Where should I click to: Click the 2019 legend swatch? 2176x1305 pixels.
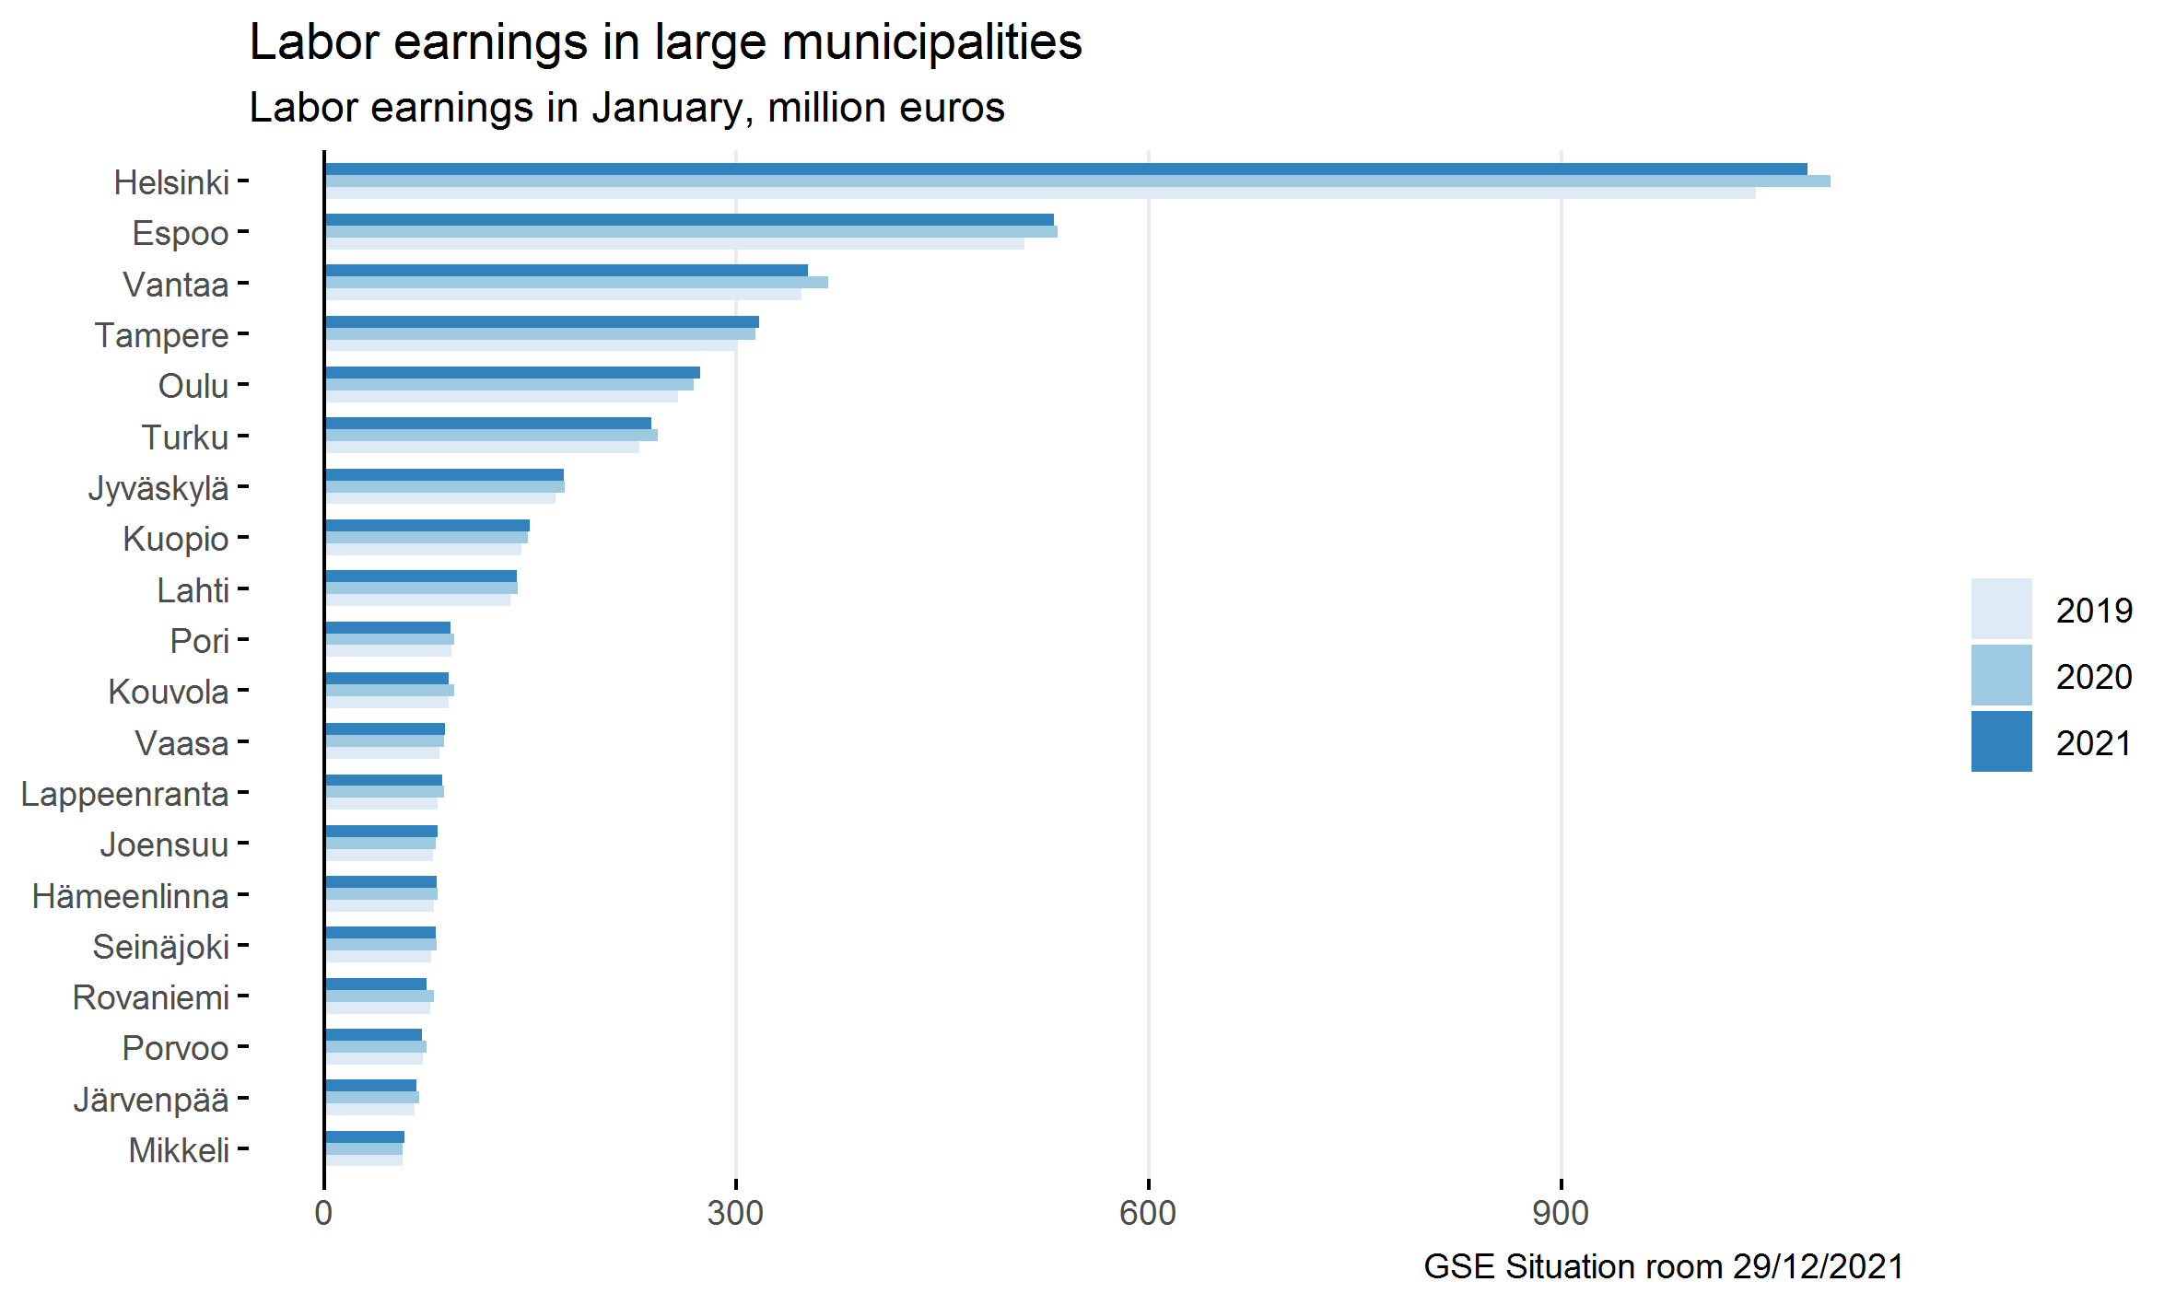click(2001, 609)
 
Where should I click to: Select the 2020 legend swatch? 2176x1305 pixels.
click(2001, 675)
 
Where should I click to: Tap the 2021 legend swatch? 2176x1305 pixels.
click(2001, 741)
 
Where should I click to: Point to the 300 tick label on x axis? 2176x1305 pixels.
click(735, 1213)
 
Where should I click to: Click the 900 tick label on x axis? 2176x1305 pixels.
click(1561, 1213)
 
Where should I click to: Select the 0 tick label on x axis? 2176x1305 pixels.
click(323, 1213)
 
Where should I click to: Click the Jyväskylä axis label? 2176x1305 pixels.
click(158, 488)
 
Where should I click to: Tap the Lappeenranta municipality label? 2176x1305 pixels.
click(124, 794)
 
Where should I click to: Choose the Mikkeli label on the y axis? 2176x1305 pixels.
click(179, 1150)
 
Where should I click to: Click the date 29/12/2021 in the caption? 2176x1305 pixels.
click(1818, 1266)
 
